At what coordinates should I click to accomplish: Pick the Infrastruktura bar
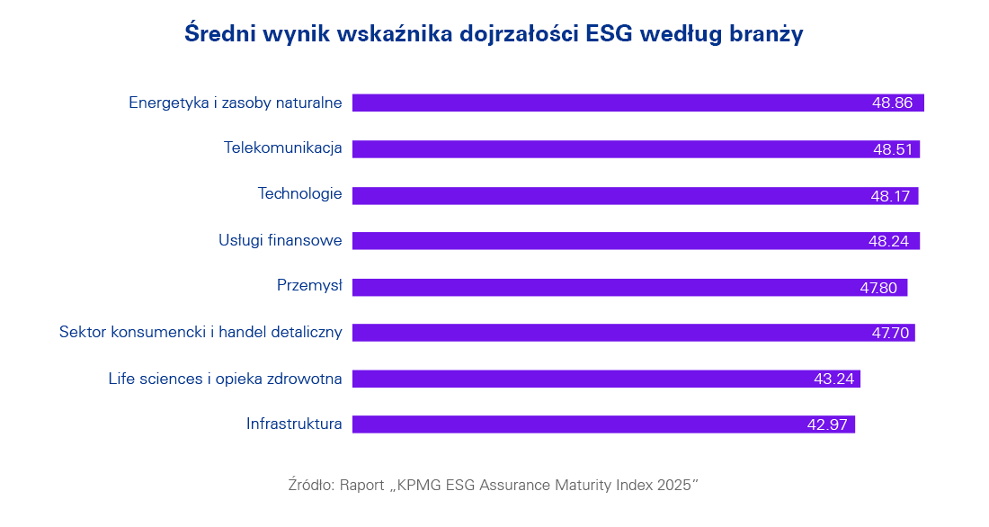(x=575, y=424)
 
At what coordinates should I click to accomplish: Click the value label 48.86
(x=892, y=103)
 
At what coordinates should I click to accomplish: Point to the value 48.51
(x=892, y=149)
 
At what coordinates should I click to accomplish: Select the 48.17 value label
(x=891, y=195)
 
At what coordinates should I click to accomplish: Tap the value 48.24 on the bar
(x=891, y=241)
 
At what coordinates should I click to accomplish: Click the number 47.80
(x=879, y=288)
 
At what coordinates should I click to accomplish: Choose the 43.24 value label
(x=833, y=379)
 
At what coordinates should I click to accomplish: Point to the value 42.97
(x=827, y=424)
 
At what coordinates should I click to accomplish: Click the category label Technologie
(x=299, y=194)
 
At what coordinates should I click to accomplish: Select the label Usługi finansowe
(x=280, y=240)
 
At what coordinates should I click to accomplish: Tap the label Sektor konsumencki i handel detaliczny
(x=200, y=332)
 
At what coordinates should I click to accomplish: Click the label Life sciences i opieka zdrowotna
(x=225, y=379)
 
